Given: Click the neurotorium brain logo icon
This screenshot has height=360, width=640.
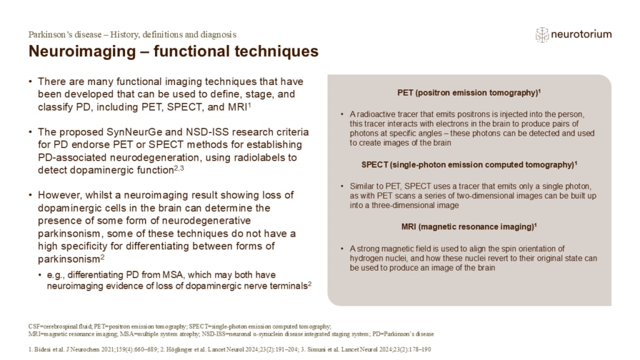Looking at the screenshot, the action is click(x=542, y=35).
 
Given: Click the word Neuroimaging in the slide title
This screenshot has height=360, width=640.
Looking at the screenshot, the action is click(x=82, y=51).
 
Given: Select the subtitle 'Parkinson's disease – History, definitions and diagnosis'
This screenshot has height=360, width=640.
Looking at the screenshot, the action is click(x=132, y=34).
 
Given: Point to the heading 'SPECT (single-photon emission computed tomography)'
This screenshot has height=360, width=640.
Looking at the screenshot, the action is click(x=469, y=164).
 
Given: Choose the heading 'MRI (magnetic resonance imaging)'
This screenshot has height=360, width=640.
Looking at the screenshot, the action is click(x=469, y=226).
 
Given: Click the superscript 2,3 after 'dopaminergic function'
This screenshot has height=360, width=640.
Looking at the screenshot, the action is click(x=179, y=167).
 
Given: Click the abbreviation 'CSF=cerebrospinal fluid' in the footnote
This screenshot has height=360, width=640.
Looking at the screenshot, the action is click(x=60, y=326).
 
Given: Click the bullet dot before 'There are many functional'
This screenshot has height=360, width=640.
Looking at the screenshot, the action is click(x=31, y=82).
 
